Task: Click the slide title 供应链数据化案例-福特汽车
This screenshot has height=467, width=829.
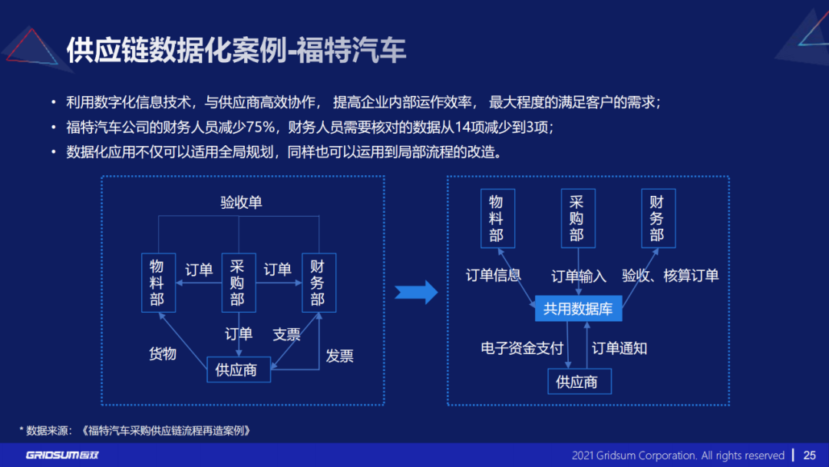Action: click(236, 51)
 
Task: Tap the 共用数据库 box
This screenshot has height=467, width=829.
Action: click(578, 309)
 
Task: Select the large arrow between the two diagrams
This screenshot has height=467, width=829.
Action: click(415, 292)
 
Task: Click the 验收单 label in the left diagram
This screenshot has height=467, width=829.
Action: click(241, 203)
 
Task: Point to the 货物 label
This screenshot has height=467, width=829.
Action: click(163, 353)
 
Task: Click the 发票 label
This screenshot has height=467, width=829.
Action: click(339, 356)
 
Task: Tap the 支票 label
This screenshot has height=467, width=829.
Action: click(286, 335)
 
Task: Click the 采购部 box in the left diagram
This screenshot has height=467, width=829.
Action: click(238, 283)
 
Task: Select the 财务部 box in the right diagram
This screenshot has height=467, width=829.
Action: click(658, 219)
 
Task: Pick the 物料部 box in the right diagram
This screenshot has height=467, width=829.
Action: click(497, 219)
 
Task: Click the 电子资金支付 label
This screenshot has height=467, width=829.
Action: click(522, 348)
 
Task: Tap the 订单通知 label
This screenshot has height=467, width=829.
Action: click(619, 348)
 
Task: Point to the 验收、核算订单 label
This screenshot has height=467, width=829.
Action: click(670, 276)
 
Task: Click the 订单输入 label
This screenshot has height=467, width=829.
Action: click(579, 276)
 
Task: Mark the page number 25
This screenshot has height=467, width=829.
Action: click(810, 455)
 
